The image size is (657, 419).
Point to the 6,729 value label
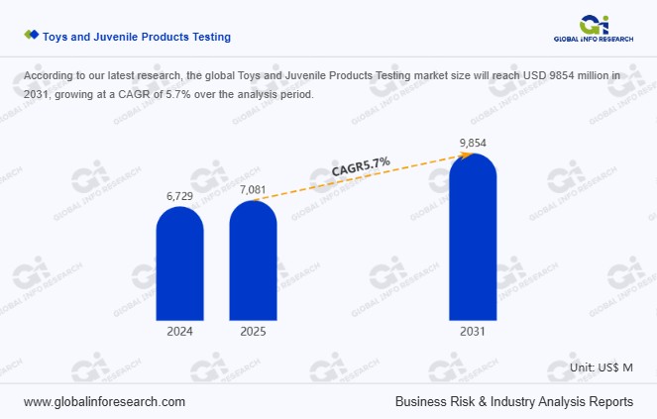pos(179,197)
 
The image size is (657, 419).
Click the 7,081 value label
pos(253,189)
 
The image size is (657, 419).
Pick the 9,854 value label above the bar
pos(473,144)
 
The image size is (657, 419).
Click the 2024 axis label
pos(179,333)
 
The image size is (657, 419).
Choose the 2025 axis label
pos(253,333)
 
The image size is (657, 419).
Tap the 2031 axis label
pos(473,333)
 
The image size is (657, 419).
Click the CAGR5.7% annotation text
pos(361,166)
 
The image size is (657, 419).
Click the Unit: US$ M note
pos(602,367)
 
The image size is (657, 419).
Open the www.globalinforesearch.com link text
pos(104,402)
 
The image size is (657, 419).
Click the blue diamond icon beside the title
pos(32,36)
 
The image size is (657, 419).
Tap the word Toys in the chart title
pos(55,37)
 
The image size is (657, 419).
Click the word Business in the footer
pos(421,402)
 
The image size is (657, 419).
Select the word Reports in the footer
pos(610,402)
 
